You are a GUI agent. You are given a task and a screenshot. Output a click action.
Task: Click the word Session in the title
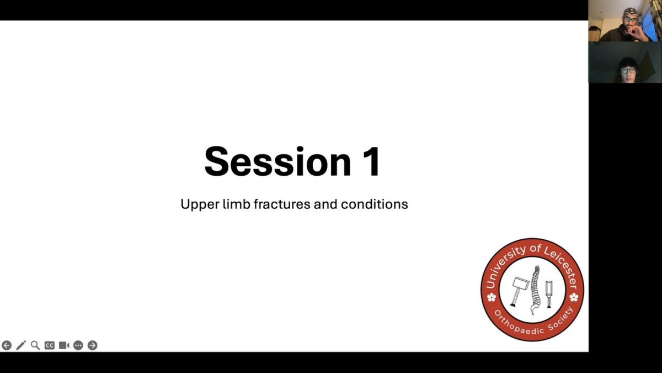pos(277,161)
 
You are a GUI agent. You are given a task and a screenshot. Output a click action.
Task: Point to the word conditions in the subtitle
pos(375,204)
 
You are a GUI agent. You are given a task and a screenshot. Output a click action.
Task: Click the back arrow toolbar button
pos(7,345)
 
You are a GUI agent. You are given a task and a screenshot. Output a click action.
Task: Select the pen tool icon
pos(21,345)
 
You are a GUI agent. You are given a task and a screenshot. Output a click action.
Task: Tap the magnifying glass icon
pos(35,345)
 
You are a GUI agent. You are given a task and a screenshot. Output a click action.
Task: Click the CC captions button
pos(49,345)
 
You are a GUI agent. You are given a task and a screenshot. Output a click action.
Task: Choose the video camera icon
pos(64,345)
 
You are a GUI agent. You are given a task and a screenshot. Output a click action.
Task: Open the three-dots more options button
pos(78,345)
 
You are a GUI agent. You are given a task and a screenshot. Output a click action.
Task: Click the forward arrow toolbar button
pos(93,345)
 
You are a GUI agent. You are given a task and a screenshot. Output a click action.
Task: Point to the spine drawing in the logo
pos(536,290)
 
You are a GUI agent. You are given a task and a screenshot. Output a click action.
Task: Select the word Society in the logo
pos(561,319)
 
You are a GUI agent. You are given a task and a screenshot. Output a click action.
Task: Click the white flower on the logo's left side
pos(492,297)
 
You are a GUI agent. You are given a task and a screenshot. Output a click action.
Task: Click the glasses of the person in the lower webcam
pos(628,71)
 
